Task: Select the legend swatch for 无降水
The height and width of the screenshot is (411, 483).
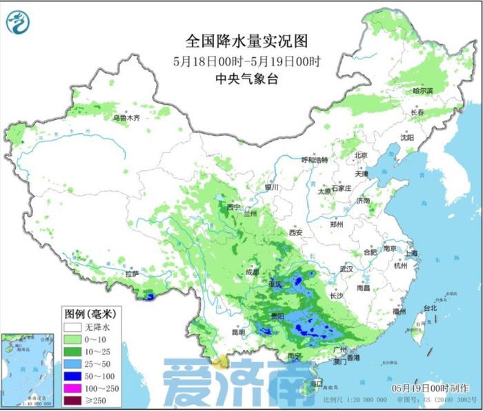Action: pyautogui.click(x=72, y=328)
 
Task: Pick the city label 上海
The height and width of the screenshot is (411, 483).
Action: pyautogui.click(x=412, y=253)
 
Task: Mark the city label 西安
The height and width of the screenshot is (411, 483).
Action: pyautogui.click(x=295, y=232)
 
